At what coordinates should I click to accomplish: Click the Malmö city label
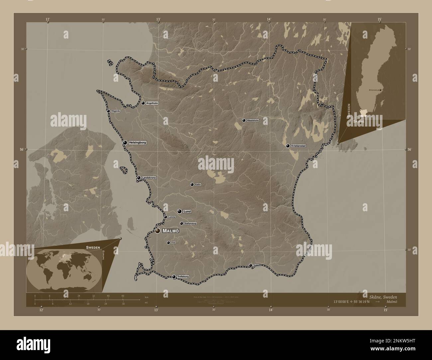[171, 231]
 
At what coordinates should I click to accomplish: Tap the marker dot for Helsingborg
[125, 142]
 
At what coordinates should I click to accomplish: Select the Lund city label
[187, 211]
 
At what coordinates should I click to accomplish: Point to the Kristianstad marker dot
[288, 146]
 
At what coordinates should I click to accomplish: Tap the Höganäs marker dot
[108, 111]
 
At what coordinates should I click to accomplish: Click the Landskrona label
[149, 178]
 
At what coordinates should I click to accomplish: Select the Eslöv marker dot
[192, 184]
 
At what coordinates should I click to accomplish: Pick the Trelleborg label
[183, 277]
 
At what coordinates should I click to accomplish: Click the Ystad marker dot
[250, 265]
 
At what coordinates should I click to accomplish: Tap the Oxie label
[173, 243]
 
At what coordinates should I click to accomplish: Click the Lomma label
[172, 217]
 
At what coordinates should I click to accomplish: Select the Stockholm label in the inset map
[374, 90]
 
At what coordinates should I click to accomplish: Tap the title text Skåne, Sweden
[383, 296]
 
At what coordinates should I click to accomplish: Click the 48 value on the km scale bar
[123, 296]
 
